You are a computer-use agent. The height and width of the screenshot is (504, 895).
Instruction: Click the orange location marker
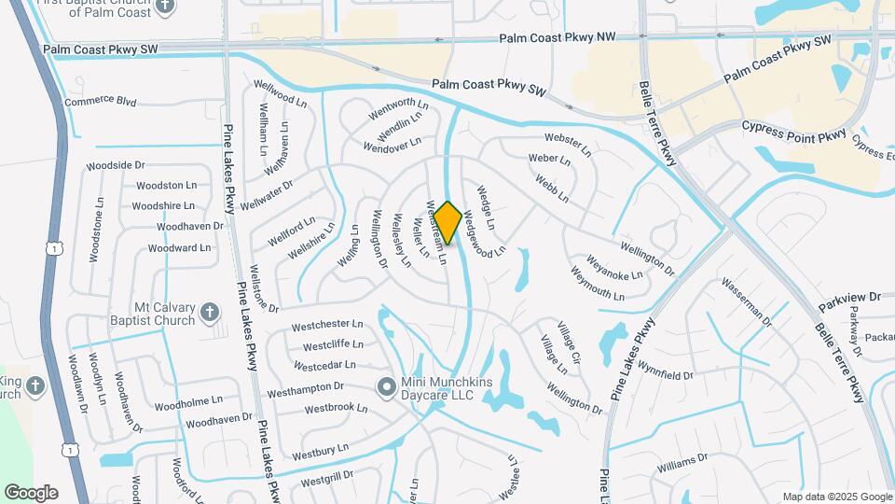pos(447,223)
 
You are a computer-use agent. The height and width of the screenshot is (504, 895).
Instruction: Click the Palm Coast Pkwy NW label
pos(558,38)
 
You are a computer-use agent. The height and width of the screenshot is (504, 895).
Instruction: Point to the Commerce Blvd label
pos(101,101)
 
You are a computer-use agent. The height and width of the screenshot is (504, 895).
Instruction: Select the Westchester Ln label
pos(325,326)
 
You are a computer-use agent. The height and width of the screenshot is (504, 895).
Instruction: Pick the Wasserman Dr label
pos(747,301)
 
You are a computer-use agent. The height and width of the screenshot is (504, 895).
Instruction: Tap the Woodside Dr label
pos(116,165)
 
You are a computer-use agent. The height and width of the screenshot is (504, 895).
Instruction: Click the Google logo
pos(31,493)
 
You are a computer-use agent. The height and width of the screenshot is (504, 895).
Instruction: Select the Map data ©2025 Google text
pos(837,497)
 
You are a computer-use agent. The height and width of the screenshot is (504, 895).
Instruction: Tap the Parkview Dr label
pos(849,297)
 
